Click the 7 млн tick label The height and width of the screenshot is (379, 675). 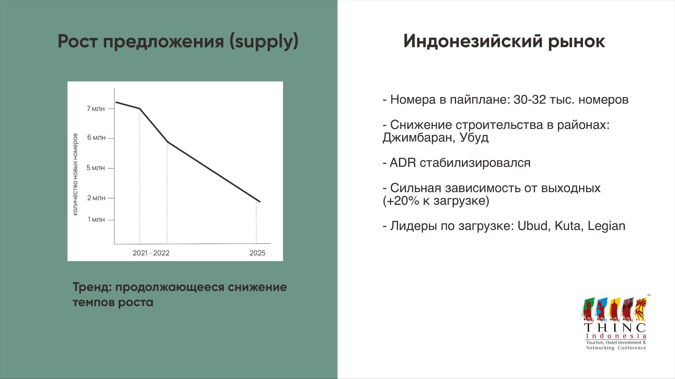pos(96,109)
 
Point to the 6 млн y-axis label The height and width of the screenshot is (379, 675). pos(97,137)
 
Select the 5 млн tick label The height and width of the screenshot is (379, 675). pos(96,168)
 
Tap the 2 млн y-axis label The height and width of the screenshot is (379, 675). pos(96,198)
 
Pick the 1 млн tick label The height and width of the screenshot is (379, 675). pos(96,219)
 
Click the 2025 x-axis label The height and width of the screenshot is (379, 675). pos(257,253)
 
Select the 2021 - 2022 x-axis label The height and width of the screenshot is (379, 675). pos(151,253)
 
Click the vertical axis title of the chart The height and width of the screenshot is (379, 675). pos(75,174)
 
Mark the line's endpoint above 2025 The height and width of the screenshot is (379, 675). pos(260,202)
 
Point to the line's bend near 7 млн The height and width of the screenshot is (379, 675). pos(140,108)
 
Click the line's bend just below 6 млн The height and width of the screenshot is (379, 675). pos(167,142)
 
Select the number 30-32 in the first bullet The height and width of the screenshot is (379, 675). pos(530,100)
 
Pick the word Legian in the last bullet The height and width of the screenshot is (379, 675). pos(606,226)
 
